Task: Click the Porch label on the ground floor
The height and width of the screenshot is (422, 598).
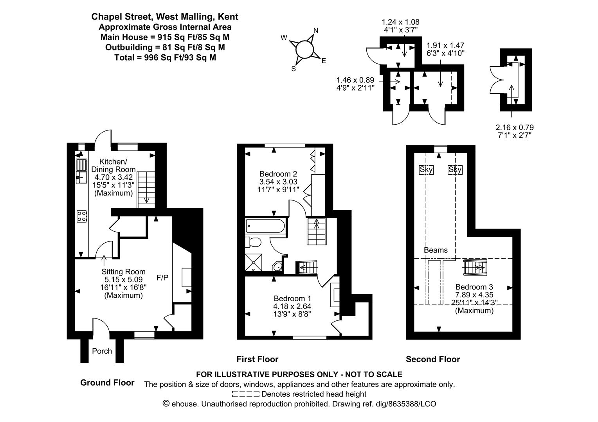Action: point(102,351)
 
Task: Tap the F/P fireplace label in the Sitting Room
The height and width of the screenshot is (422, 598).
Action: point(162,278)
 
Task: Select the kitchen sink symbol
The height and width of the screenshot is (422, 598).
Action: point(81,172)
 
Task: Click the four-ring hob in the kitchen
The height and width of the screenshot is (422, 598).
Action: point(81,216)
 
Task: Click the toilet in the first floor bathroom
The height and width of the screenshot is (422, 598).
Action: point(253,242)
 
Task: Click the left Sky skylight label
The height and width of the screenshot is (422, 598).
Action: point(426,170)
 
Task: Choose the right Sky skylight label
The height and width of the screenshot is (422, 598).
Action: point(455,170)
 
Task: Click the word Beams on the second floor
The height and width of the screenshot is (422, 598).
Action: point(436,250)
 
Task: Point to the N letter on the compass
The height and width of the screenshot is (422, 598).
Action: point(316,31)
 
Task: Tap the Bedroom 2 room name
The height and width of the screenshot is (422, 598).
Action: point(278,174)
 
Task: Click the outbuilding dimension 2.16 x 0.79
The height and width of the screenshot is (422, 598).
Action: point(514,127)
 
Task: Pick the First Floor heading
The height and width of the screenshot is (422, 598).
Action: point(257,359)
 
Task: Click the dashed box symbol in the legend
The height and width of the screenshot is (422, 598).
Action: point(245,394)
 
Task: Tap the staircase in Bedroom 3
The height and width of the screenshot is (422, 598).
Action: point(474,268)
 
